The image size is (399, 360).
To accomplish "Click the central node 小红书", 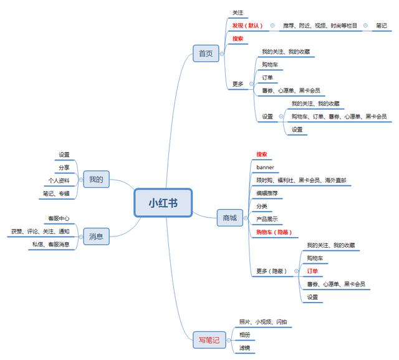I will click(x=162, y=203).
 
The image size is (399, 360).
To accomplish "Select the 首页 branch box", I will click(x=206, y=54).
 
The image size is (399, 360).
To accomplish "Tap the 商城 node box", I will click(x=229, y=218).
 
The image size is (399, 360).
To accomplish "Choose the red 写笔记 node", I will click(x=209, y=340).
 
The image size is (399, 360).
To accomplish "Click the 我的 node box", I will click(x=95, y=180).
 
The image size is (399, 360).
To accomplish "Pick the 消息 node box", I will click(x=95, y=236).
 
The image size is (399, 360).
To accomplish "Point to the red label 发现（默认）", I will click(x=248, y=26).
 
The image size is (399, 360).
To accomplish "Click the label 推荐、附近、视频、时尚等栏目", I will click(x=320, y=26).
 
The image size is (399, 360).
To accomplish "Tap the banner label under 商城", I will click(x=265, y=167).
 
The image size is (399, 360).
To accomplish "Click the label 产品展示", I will click(x=267, y=219).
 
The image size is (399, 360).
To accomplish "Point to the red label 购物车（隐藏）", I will click(x=274, y=232).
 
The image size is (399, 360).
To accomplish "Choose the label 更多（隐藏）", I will click(x=271, y=271).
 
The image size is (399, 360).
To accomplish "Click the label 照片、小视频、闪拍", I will click(x=263, y=322).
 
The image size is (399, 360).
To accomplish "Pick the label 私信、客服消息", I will click(x=50, y=244).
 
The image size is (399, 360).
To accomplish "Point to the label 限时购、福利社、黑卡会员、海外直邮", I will click(x=301, y=180).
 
